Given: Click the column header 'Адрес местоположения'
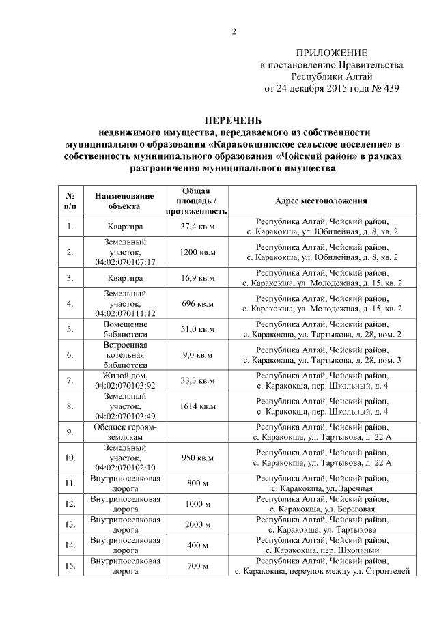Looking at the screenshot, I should pyautogui.click(x=321, y=201).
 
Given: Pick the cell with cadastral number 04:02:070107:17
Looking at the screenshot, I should pyautogui.click(x=126, y=262).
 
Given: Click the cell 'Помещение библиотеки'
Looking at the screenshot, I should pyautogui.click(x=125, y=329).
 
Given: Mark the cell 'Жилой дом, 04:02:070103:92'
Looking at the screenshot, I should pyautogui.click(x=125, y=380).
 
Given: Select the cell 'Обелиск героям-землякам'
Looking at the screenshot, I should pyautogui.click(x=125, y=432).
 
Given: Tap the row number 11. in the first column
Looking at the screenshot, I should pyautogui.click(x=70, y=483).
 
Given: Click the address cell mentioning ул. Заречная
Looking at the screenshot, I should pyautogui.click(x=321, y=483).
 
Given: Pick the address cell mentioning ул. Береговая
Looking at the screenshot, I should pyautogui.click(x=321, y=504).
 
